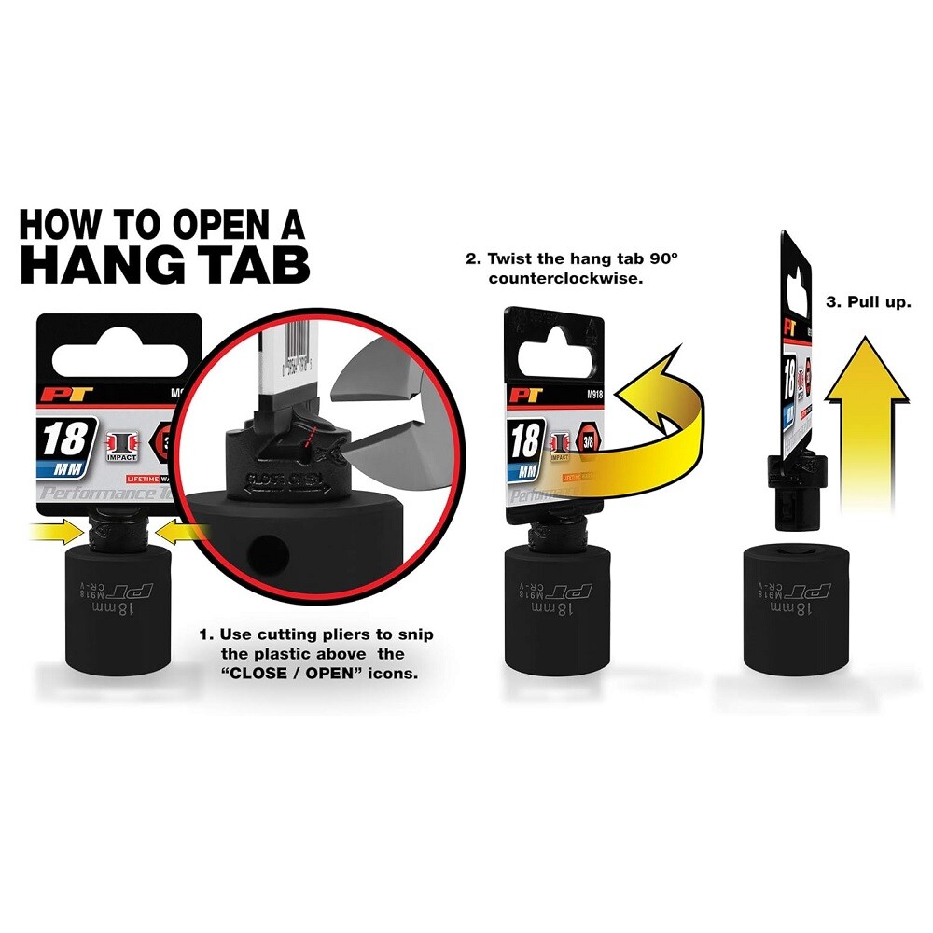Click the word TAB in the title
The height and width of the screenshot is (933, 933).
(246, 264)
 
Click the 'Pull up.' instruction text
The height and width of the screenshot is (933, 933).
(869, 303)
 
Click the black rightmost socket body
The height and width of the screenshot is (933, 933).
(792, 634)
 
